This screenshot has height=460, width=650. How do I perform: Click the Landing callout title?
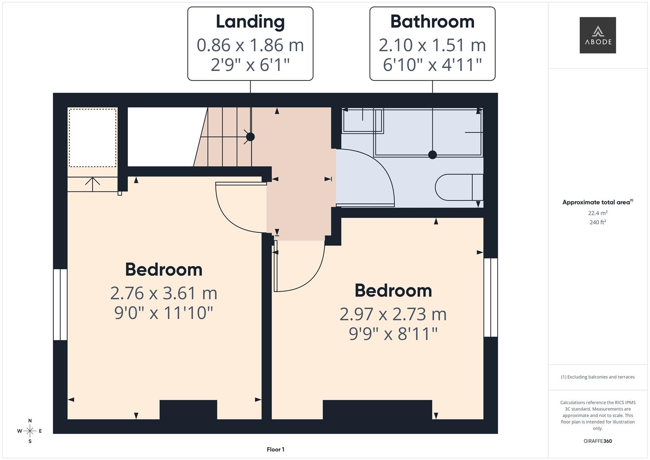coord(250,22)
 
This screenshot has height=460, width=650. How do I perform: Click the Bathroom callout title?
coord(432,22)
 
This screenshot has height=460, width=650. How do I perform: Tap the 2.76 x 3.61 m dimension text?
coord(163,293)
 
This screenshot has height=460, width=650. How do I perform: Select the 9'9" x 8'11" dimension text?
coord(393,334)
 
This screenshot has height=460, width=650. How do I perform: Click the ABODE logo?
coord(597,35)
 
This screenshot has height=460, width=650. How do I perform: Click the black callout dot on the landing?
coord(250,137)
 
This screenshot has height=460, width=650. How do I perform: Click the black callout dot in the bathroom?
coord(432,155)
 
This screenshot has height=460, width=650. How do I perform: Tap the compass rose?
coord(30,431)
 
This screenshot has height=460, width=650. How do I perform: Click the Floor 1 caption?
coord(275,449)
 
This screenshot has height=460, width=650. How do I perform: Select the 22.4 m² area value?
coord(597,213)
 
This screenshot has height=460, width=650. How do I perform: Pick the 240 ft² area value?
coord(597,222)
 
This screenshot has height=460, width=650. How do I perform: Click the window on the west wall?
coord(60,304)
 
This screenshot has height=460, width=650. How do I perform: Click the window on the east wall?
coord(491,297)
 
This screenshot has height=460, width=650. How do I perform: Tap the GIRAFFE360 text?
coord(597,441)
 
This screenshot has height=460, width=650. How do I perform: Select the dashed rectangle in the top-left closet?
coord(92,138)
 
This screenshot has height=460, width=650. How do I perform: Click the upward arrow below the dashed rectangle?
coord(92,182)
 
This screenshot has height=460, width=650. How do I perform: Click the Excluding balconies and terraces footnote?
coord(598,377)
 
